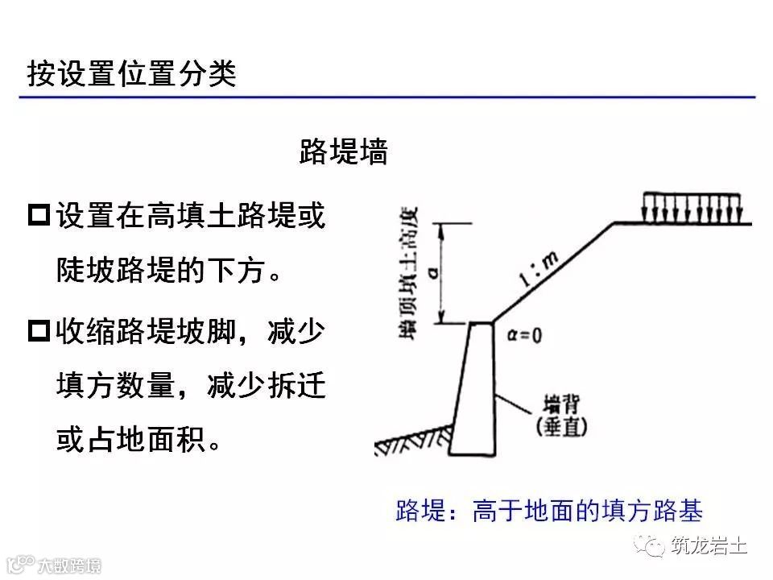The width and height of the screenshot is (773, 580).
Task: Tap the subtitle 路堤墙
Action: tap(343, 151)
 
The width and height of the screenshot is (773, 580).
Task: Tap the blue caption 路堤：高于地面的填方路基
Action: tap(550, 511)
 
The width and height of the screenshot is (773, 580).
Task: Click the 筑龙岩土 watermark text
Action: tap(709, 546)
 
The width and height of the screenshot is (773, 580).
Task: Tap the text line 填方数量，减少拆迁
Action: tap(190, 387)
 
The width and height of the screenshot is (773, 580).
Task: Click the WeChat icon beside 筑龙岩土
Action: tap(651, 546)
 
